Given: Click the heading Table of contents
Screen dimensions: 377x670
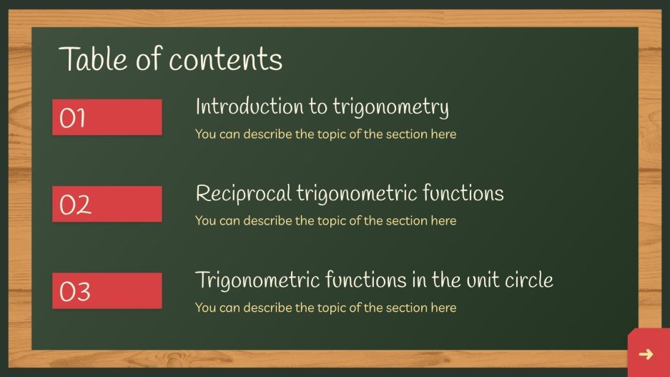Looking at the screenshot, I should click(170, 59).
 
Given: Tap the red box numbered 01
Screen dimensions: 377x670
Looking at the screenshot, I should click(107, 117).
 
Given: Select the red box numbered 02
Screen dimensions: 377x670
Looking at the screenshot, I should click(107, 204).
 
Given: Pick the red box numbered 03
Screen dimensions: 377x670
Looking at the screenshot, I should click(107, 290).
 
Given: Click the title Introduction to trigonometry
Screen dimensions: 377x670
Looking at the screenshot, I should click(322, 107).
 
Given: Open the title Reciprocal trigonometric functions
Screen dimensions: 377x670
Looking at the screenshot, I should click(349, 194).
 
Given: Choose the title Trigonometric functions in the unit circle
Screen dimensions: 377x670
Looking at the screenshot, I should click(374, 280).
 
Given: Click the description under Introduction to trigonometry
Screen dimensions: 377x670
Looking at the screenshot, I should click(325, 134).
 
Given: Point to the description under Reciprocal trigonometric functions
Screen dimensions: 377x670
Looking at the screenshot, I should click(325, 221).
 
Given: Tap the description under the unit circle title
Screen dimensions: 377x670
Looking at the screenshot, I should click(325, 308).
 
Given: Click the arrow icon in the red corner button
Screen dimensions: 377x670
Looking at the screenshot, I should click(646, 354).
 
